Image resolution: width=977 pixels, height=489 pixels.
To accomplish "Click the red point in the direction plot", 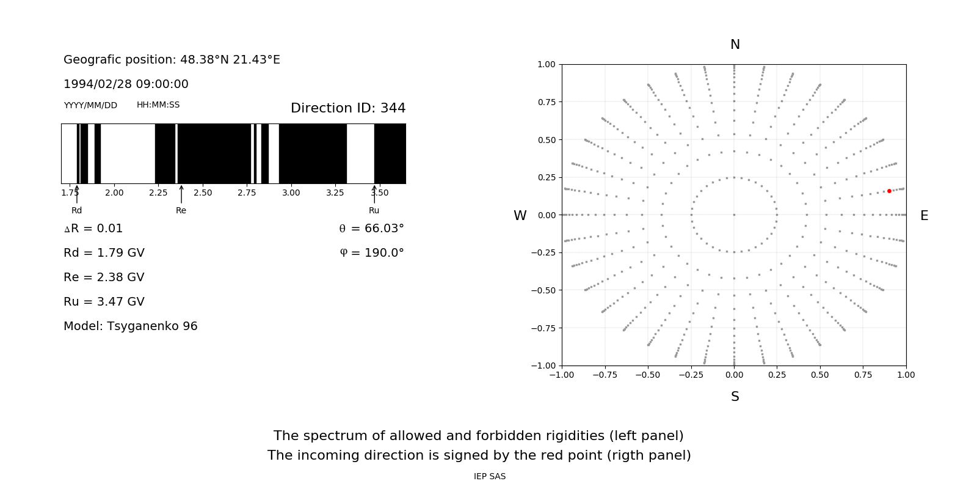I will pos(889,191).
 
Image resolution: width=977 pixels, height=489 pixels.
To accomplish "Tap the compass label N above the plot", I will pos(735,45).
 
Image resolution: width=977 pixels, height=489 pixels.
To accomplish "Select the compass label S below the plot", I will pos(735,397).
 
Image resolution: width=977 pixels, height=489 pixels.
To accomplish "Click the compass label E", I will pos(924,216).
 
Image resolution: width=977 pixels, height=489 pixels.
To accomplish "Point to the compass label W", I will pos(520,216).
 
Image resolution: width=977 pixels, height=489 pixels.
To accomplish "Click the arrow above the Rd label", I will pos(77,194).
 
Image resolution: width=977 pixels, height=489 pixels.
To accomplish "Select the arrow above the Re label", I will pos(181,194).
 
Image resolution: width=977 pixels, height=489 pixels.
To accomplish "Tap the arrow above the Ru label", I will pos(374,194).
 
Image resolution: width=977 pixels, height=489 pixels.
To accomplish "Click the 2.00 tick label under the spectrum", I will pos(114,193).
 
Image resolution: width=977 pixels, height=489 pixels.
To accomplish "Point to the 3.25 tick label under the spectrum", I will pos(335,193).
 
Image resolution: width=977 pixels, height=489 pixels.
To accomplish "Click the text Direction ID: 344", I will pos(348,108).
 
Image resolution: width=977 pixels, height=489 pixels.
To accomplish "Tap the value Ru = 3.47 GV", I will pos(104,302).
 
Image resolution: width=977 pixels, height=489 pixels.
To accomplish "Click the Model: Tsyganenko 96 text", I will pos(131,326).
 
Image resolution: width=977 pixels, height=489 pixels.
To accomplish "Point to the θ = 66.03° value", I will pos(372,229).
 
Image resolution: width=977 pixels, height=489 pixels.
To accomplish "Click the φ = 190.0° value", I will pos(372,253).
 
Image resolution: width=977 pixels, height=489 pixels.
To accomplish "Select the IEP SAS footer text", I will pos(490,476).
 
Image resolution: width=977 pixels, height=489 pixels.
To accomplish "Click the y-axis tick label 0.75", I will pos(546,102).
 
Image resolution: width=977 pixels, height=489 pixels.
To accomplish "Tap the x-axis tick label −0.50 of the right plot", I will pos(648,375).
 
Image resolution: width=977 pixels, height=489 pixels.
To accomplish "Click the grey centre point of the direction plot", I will pos(734,215).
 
